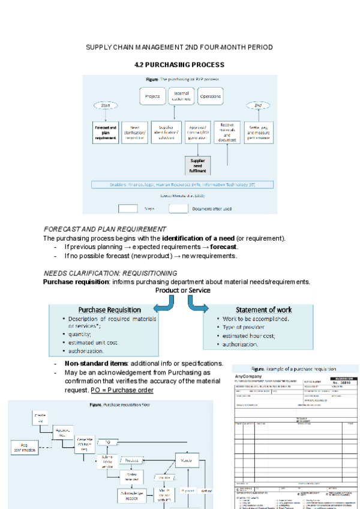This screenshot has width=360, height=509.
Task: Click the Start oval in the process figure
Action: (106, 106)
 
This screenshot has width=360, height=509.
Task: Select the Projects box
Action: (152, 96)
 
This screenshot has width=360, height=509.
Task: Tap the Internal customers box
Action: (181, 96)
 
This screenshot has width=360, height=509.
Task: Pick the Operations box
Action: (210, 96)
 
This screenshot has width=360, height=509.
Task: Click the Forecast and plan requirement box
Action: (105, 133)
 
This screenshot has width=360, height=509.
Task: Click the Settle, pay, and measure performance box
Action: (259, 132)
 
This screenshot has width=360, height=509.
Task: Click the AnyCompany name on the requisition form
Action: (248, 376)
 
